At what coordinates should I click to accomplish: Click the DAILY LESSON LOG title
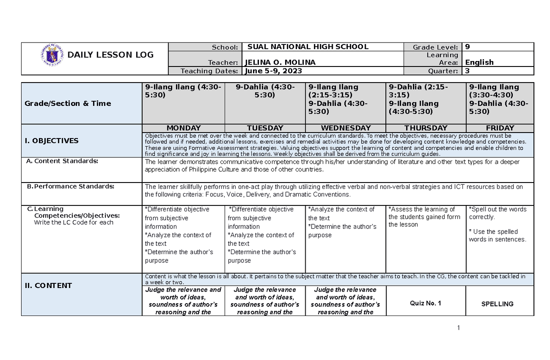(x=110, y=55)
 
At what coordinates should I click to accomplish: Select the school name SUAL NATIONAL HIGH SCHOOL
(x=308, y=46)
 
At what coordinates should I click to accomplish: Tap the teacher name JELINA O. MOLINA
(x=280, y=62)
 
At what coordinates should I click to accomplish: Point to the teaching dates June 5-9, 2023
(x=274, y=71)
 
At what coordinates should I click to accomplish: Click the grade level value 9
(x=467, y=47)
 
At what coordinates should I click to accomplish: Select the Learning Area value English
(x=479, y=62)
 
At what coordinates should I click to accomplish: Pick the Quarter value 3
(x=467, y=71)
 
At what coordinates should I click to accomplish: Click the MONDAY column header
(x=183, y=128)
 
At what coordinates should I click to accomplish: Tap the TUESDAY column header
(x=265, y=128)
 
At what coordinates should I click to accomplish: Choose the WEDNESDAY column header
(x=346, y=128)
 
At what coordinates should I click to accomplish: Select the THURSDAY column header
(x=426, y=128)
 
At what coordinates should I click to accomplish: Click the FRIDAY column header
(x=500, y=128)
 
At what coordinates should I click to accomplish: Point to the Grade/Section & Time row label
(x=68, y=104)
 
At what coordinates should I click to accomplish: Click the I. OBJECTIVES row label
(x=51, y=141)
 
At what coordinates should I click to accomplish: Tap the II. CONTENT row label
(x=48, y=286)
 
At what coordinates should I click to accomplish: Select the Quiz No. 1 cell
(x=426, y=304)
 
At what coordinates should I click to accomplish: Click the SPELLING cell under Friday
(x=500, y=304)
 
